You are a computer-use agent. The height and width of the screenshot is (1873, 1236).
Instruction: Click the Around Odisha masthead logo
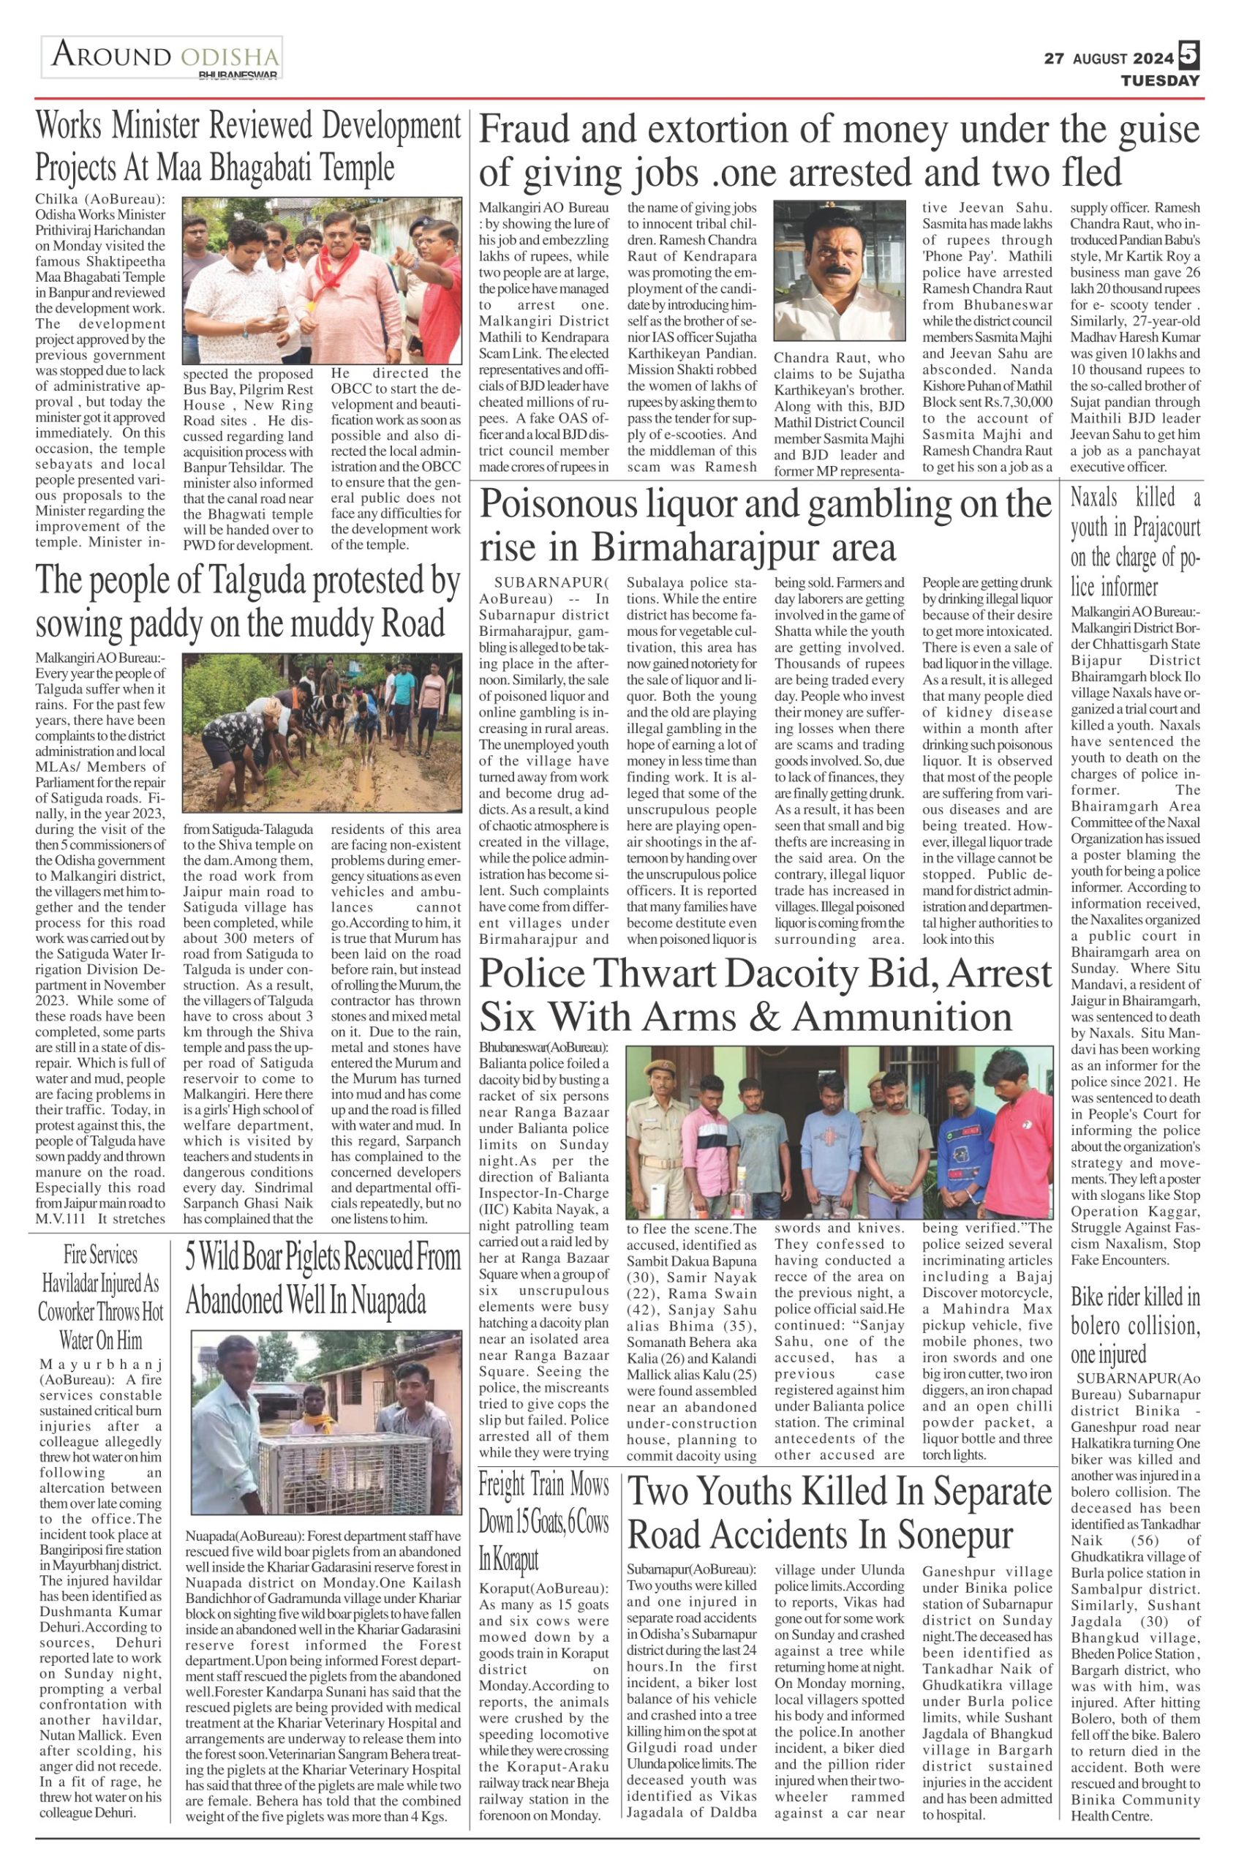click(x=162, y=58)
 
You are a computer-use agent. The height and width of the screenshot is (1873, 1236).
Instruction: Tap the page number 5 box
click(x=1188, y=57)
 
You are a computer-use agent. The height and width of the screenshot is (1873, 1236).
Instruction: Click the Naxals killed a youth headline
click(x=1135, y=543)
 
